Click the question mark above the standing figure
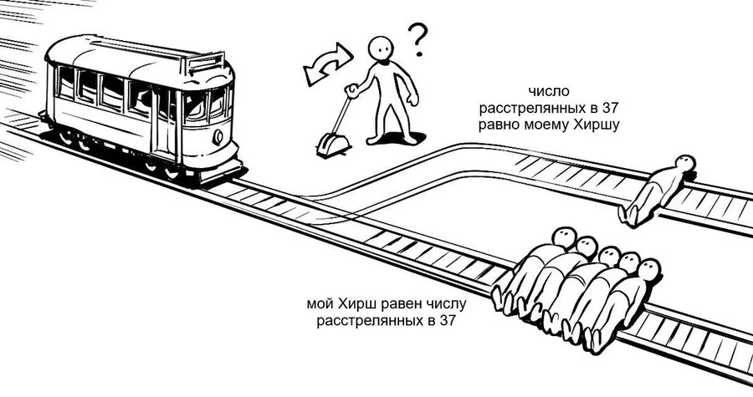pyautogui.click(x=417, y=40)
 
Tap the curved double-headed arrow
pyautogui.click(x=328, y=64)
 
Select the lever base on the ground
pyautogui.click(x=333, y=145)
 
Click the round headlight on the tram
pyautogui.click(x=218, y=137)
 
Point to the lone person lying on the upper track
pyautogui.click(x=657, y=190)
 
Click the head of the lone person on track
pyautogui.click(x=684, y=164)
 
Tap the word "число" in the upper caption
pyautogui.click(x=548, y=91)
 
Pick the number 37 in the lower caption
pyautogui.click(x=446, y=321)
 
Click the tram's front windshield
pyautogui.click(x=205, y=105)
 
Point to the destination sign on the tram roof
pyautogui.click(x=205, y=64)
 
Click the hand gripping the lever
pyautogui.click(x=352, y=90)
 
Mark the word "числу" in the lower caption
pyautogui.click(x=447, y=304)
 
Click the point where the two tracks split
pyautogui.click(x=307, y=197)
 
